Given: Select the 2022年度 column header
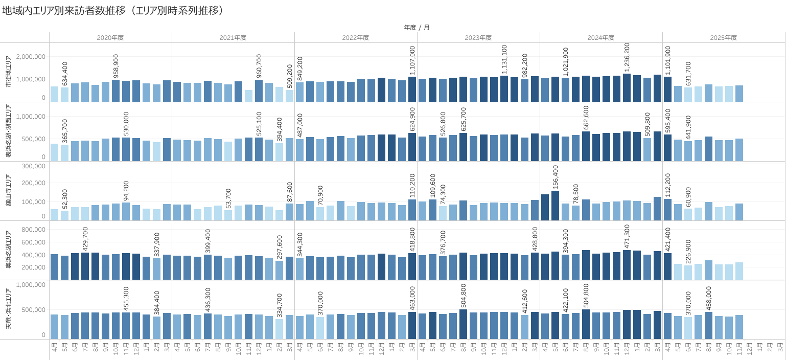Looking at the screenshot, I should click(x=356, y=37).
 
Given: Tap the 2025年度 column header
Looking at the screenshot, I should click(x=724, y=37).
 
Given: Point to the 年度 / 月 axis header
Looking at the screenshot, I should click(x=417, y=27).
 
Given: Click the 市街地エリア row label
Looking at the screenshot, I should click(x=8, y=72).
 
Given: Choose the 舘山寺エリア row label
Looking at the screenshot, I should click(x=8, y=191).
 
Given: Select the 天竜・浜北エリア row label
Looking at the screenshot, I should click(x=8, y=309).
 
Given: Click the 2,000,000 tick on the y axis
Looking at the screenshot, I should click(x=31, y=56).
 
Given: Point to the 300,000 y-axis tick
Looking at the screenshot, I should click(x=33, y=166).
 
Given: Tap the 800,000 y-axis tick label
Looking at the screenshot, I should click(x=33, y=230).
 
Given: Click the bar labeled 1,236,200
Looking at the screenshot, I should click(x=627, y=88).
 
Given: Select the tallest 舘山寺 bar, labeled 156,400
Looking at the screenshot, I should click(x=555, y=206).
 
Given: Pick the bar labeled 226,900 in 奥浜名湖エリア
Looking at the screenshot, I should click(x=688, y=272).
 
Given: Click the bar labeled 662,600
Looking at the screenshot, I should click(x=586, y=146).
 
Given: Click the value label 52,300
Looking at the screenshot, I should click(x=65, y=199).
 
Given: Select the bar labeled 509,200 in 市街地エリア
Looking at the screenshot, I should click(x=289, y=96).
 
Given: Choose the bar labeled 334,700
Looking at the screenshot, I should click(x=279, y=329).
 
